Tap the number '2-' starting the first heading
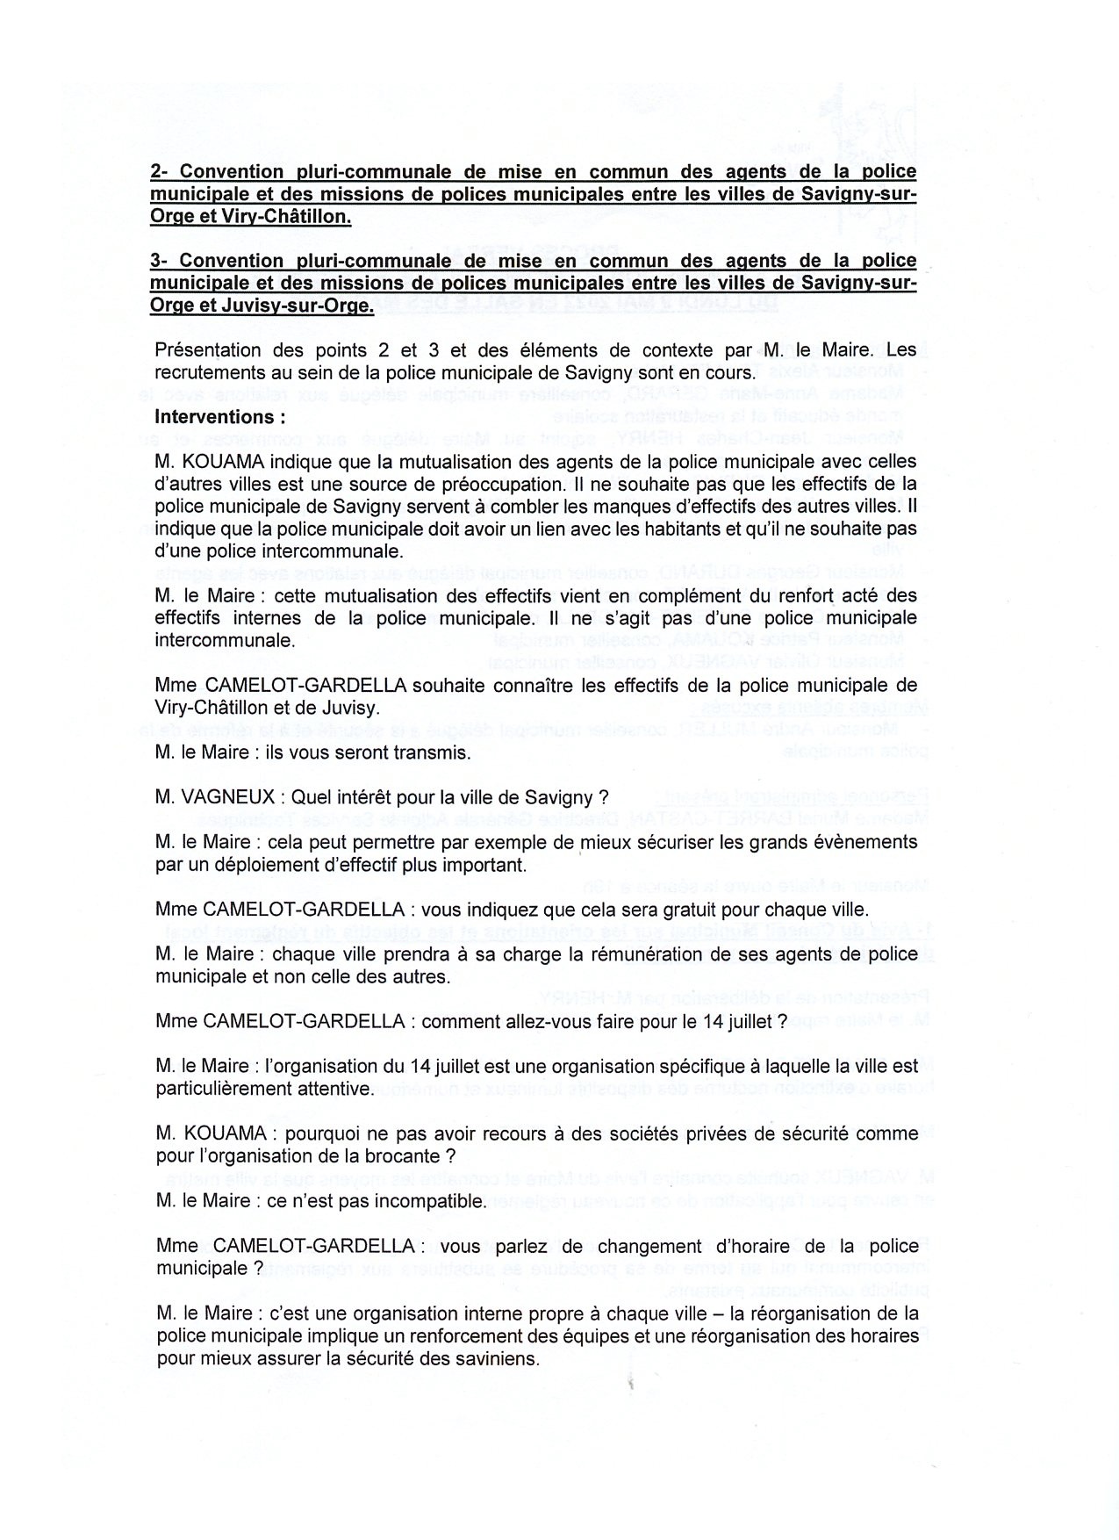tap(161, 172)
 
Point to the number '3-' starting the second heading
tap(161, 261)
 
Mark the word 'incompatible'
tap(434, 1201)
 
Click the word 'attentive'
tap(337, 1090)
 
